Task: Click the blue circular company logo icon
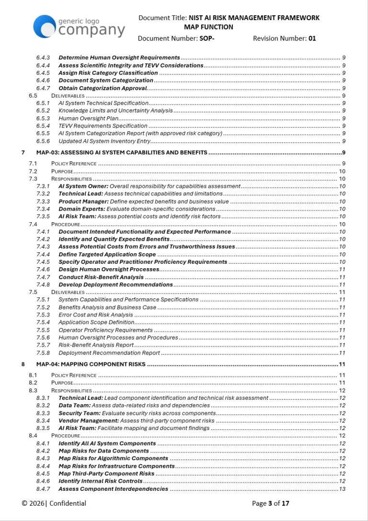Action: pos(44,26)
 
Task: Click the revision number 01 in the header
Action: pos(312,38)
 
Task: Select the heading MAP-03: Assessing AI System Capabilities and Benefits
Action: pos(122,153)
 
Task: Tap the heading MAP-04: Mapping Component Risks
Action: pos(91,364)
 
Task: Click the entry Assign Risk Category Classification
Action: pos(108,73)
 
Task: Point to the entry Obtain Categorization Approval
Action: pos(103,88)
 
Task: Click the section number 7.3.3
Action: pos(43,202)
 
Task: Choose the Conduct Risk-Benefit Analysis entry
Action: pos(101,277)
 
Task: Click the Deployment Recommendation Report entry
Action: pos(109,353)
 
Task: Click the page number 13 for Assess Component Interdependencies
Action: pos(342,489)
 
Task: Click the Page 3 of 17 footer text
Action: pos(271,503)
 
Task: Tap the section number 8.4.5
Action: pos(43,474)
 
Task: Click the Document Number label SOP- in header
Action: pos(207,38)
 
